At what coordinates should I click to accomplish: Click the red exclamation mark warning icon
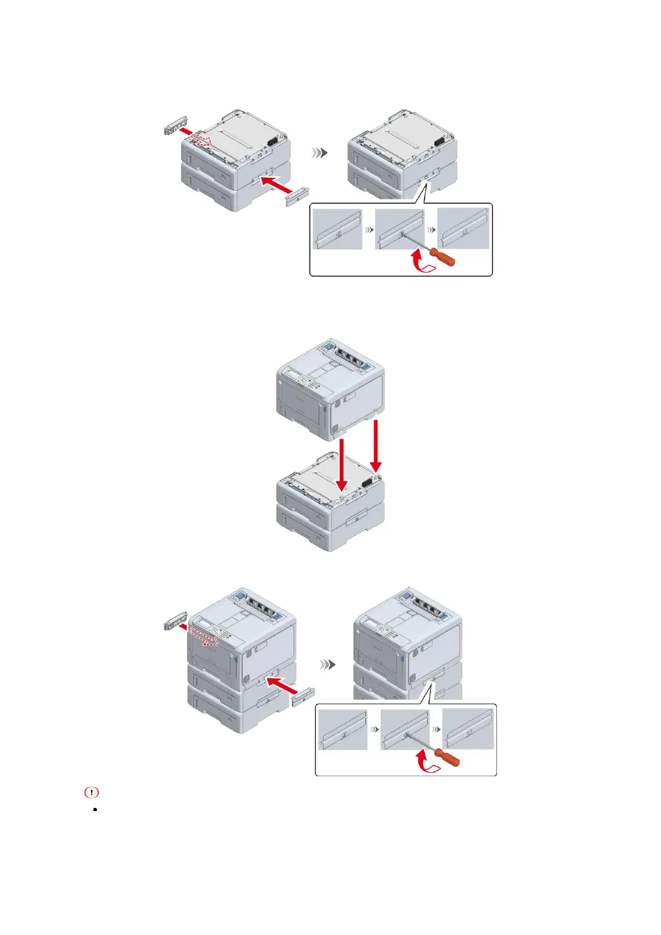coord(91,792)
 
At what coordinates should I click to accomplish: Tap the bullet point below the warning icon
coord(96,810)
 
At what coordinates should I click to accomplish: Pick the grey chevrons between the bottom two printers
coord(328,665)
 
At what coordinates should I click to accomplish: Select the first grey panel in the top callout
coord(337,229)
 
